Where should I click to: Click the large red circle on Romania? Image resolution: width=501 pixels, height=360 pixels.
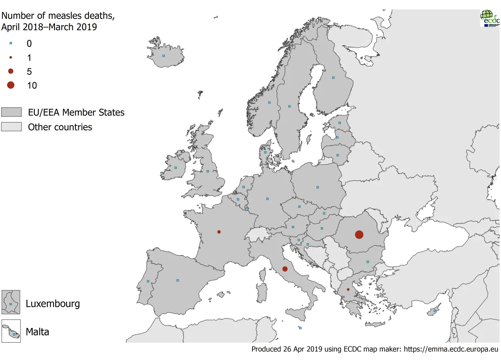click(359, 234)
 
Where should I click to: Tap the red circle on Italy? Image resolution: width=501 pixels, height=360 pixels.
click(285, 269)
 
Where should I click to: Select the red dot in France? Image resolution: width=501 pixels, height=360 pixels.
click(219, 232)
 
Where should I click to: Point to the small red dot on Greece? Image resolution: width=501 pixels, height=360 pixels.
click(348, 289)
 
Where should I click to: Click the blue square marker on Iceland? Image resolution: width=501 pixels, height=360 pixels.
click(164, 56)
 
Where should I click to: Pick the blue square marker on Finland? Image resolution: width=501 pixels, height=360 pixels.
click(333, 78)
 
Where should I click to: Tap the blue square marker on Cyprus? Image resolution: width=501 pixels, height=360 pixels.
click(435, 311)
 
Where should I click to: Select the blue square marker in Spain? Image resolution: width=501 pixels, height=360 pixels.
click(178, 280)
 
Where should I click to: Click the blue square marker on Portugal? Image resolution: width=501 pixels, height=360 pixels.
click(148, 281)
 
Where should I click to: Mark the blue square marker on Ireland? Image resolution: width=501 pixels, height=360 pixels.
click(176, 168)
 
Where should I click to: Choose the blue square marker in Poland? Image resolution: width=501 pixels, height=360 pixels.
click(318, 187)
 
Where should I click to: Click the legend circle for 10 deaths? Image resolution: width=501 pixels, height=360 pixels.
click(11, 85)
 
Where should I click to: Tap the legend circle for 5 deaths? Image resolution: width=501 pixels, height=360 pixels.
click(11, 71)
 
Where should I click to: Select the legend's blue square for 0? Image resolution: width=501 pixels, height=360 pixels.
click(11, 43)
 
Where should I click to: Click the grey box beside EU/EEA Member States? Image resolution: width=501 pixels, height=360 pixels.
click(11, 112)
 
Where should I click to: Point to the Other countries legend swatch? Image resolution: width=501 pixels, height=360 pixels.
click(11, 127)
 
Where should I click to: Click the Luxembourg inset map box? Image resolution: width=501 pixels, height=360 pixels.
click(11, 302)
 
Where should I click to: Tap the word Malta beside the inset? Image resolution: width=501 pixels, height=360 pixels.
click(37, 332)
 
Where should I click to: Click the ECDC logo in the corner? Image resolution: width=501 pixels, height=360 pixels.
click(490, 18)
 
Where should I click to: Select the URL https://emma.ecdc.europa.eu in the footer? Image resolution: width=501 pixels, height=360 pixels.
click(451, 349)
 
